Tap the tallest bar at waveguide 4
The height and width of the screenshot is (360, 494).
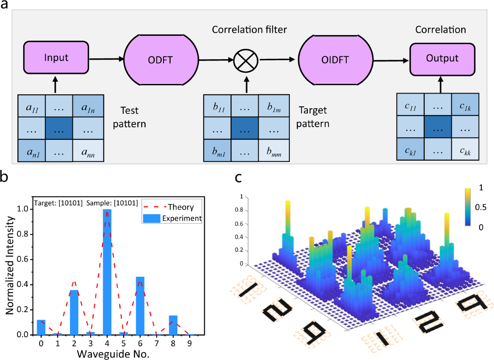pos(107,272)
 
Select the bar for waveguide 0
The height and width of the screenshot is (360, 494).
pos(41,327)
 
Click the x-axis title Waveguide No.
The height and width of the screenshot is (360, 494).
pos(115,353)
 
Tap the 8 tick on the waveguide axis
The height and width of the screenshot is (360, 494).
pos(173,343)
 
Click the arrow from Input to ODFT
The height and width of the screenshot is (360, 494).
pos(106,58)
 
